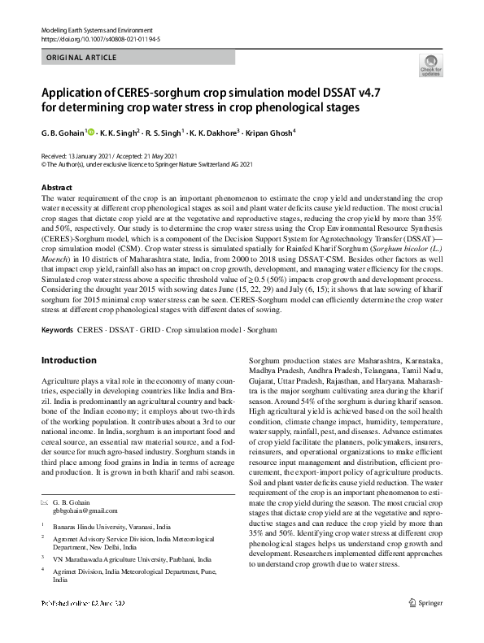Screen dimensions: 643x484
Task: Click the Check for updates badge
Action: [431, 66]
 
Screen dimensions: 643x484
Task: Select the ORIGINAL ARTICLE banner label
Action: [82, 59]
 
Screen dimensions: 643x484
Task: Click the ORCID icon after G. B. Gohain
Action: [91, 130]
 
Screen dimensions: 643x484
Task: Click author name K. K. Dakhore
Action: [215, 132]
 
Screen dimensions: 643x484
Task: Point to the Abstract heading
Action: [56, 188]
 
